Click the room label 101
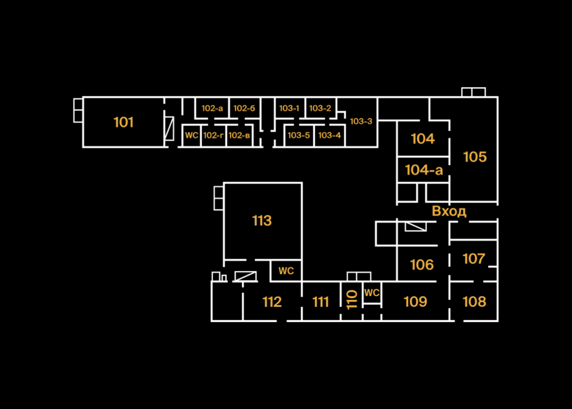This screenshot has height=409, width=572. [x=123, y=122]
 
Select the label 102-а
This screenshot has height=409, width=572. [x=212, y=109]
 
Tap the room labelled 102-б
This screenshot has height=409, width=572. [x=244, y=109]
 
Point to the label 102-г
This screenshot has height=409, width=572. [x=213, y=135]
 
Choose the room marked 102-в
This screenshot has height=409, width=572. [x=239, y=135]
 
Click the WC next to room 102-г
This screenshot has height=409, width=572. [x=191, y=135]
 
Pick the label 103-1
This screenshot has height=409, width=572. [x=289, y=109]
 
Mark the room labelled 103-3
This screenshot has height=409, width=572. [x=361, y=121]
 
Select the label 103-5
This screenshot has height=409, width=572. [x=299, y=135]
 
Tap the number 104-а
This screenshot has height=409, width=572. [x=424, y=170]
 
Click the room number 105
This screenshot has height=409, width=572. [x=475, y=157]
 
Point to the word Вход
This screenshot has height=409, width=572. [x=449, y=211]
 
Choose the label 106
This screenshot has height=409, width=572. [x=422, y=265]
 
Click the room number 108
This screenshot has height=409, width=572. [x=474, y=302]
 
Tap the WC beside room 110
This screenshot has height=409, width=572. [x=372, y=293]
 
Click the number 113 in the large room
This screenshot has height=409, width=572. [x=262, y=220]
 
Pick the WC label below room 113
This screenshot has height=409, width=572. [x=286, y=271]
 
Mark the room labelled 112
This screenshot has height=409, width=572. [x=272, y=302]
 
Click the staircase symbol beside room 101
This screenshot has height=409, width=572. [x=169, y=128]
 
